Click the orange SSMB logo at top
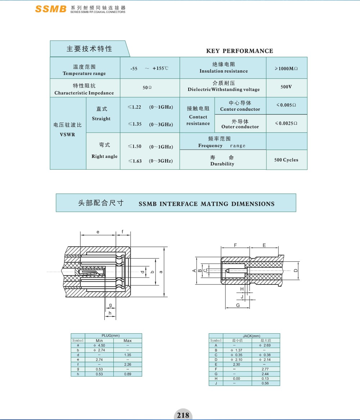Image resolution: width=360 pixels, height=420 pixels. (x=50, y=9)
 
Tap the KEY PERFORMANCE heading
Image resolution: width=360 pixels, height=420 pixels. (x=239, y=51)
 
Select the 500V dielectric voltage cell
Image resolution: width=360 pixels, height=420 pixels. (x=286, y=87)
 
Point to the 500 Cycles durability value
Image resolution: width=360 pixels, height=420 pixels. (x=286, y=160)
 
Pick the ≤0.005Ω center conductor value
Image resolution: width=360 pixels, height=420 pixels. (x=286, y=105)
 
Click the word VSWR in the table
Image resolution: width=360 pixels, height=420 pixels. (x=68, y=134)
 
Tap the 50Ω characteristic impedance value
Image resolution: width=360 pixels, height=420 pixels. (x=147, y=87)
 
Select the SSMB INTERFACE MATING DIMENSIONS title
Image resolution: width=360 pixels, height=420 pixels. (x=206, y=204)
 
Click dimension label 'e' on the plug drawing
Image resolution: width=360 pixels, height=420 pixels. (x=98, y=232)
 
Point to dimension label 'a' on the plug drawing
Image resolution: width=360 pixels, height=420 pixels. (x=161, y=271)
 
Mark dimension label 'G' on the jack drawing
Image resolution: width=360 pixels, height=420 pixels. (x=238, y=305)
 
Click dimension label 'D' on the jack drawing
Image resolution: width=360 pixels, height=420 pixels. (x=296, y=270)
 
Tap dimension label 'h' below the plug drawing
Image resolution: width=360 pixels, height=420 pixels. (x=110, y=313)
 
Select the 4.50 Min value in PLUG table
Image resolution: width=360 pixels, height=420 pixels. (x=99, y=345)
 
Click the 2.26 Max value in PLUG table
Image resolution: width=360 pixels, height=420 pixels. (x=127, y=364)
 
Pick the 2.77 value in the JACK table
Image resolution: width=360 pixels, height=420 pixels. (x=265, y=369)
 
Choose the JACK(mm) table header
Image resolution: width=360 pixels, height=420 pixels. (x=251, y=336)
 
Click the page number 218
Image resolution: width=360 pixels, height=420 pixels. (x=183, y=415)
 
